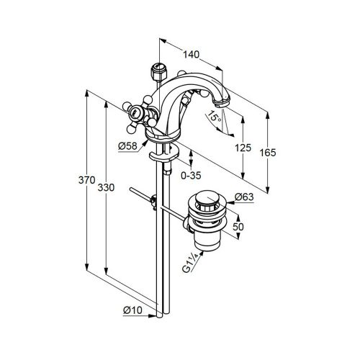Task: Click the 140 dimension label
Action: tap(192, 55)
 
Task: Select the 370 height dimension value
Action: tap(87, 180)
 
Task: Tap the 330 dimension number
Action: tap(106, 187)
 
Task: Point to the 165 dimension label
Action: tap(268, 153)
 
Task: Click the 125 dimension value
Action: tap(243, 148)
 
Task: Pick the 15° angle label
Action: tap(214, 117)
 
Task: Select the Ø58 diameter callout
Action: tap(127, 146)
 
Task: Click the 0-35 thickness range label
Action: tap(191, 176)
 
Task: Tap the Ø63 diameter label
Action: tap(244, 197)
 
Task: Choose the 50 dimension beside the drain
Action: tap(238, 227)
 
